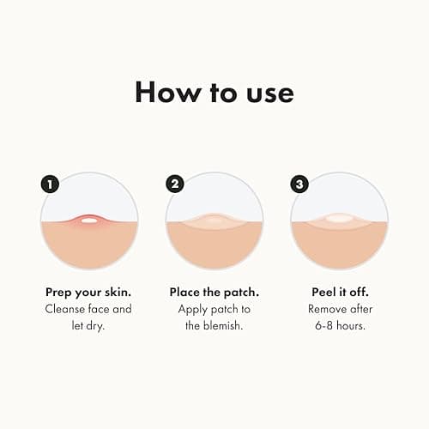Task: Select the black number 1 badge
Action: click(50, 184)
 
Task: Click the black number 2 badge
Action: click(176, 184)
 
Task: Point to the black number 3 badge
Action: click(300, 184)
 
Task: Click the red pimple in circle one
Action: click(88, 221)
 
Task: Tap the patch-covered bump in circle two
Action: click(214, 221)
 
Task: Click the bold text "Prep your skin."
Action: click(88, 292)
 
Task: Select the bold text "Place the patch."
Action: click(214, 292)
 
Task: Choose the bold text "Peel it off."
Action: click(339, 292)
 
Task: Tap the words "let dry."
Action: click(89, 326)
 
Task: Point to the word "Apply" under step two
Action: click(194, 309)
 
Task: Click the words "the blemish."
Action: click(214, 326)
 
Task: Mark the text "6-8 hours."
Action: click(340, 326)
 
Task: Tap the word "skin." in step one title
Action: click(118, 292)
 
